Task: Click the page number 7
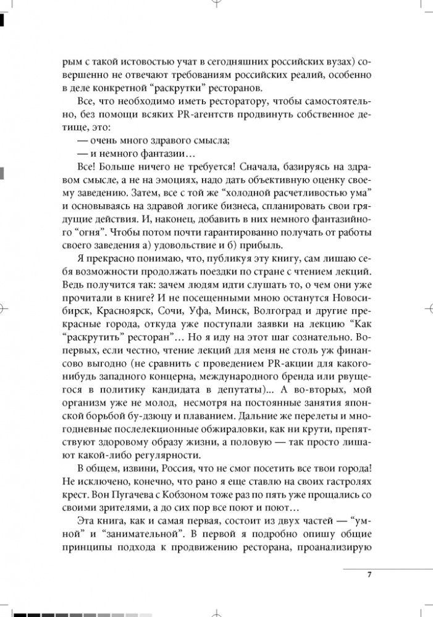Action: [368, 574]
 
